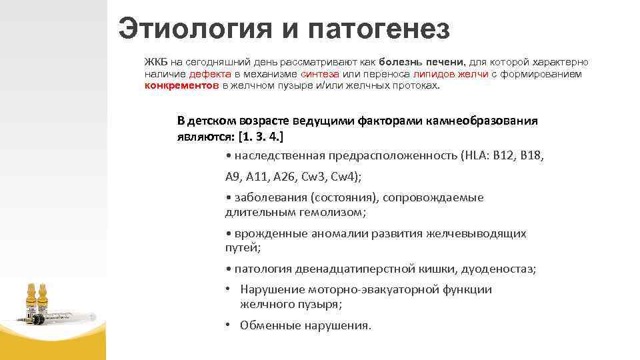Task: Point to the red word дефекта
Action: click(x=210, y=74)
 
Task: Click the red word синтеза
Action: click(x=320, y=74)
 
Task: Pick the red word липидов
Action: click(x=433, y=74)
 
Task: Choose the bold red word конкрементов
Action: click(x=182, y=86)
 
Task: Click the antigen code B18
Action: click(x=532, y=155)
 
